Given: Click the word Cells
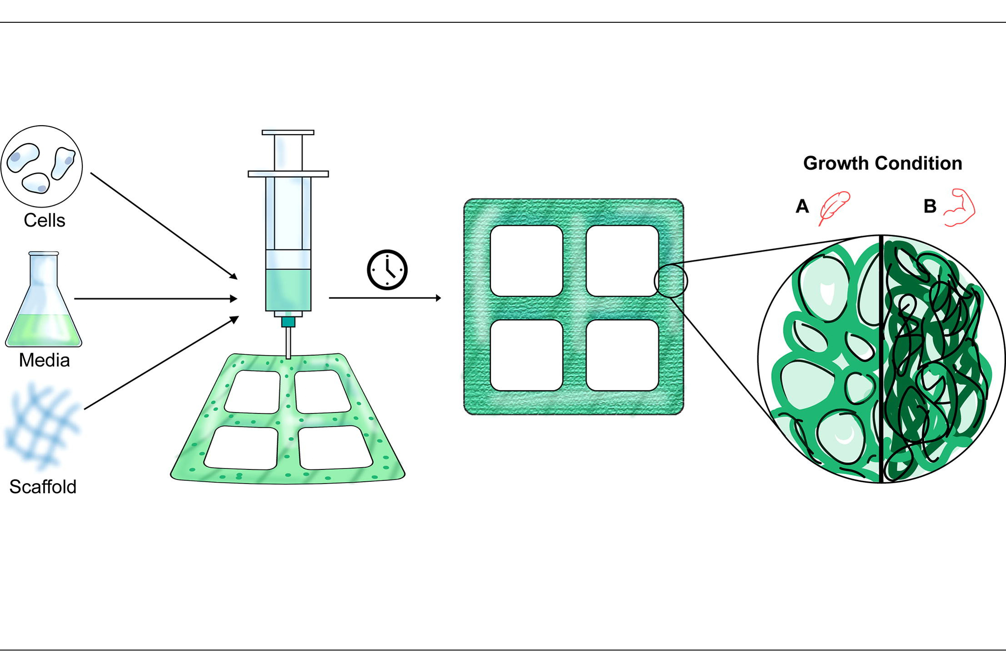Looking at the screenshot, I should (x=44, y=221).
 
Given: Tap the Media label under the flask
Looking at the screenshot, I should (x=44, y=360).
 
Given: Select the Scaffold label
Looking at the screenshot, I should (x=43, y=487).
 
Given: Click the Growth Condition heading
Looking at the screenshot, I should (x=882, y=163).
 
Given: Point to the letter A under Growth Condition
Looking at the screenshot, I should (x=802, y=207).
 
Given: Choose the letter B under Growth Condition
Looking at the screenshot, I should (x=930, y=207).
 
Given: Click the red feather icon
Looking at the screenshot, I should (x=834, y=207).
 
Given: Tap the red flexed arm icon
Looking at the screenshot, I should (x=960, y=207).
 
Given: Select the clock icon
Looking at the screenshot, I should (x=387, y=270).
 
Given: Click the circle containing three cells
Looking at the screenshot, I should (x=42, y=166).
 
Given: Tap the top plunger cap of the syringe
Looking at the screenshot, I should (x=288, y=133).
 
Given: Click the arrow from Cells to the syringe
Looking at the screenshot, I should (x=164, y=225).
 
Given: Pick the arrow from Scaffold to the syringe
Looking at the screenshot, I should (x=161, y=363).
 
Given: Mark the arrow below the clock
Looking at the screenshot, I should (x=385, y=298).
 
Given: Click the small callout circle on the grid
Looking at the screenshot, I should (x=671, y=281).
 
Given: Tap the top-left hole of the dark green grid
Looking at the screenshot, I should (x=526, y=261).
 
